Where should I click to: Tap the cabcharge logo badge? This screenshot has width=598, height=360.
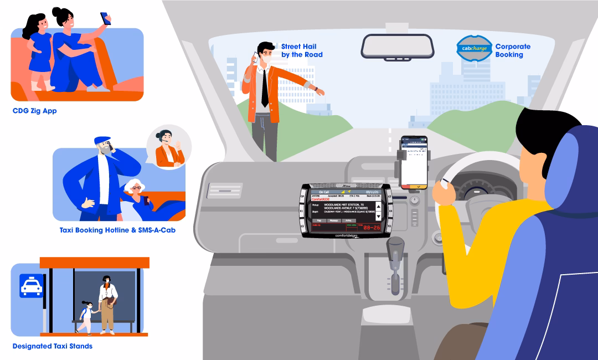(x=473, y=48)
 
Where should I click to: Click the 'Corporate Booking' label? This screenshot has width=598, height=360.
(x=512, y=50)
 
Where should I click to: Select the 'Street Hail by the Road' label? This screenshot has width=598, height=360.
(x=302, y=50)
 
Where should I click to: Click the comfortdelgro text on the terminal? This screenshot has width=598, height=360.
(x=347, y=235)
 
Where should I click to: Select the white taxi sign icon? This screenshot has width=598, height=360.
(x=31, y=286)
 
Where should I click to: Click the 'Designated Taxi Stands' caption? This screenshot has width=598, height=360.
(x=53, y=346)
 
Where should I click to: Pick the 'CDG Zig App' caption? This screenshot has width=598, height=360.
(x=34, y=111)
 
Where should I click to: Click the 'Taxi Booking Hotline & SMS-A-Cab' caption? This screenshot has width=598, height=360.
(x=117, y=229)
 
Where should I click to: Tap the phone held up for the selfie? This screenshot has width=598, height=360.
(x=105, y=18)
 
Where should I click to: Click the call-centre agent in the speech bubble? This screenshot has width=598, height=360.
(x=168, y=148)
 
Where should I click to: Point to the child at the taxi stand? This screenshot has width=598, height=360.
(x=86, y=317)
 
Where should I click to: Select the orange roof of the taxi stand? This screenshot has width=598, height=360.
(x=94, y=263)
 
